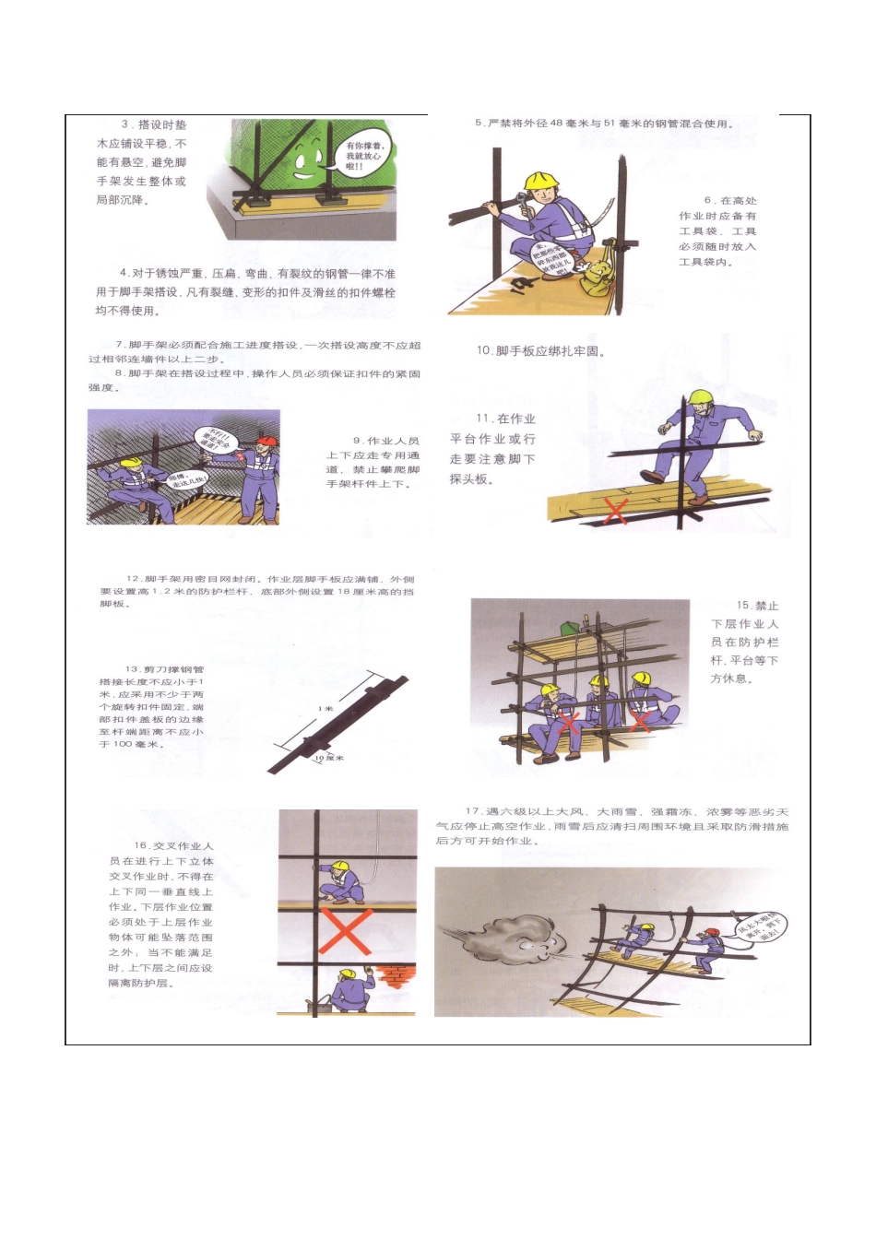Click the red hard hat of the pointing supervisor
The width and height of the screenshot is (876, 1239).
click(x=266, y=442)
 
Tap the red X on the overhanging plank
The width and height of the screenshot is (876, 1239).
click(x=615, y=510)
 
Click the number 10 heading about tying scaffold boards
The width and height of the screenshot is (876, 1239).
click(x=484, y=351)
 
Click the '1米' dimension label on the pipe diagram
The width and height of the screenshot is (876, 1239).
click(x=326, y=709)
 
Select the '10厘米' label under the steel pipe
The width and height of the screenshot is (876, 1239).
click(x=328, y=758)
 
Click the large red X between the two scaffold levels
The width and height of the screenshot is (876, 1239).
click(x=345, y=931)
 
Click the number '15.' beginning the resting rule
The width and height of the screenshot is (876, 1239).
click(x=743, y=606)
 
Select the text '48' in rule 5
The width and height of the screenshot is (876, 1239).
click(x=556, y=124)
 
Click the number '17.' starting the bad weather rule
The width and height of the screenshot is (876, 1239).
click(x=473, y=812)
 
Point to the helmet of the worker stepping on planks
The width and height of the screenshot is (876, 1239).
click(x=704, y=397)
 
